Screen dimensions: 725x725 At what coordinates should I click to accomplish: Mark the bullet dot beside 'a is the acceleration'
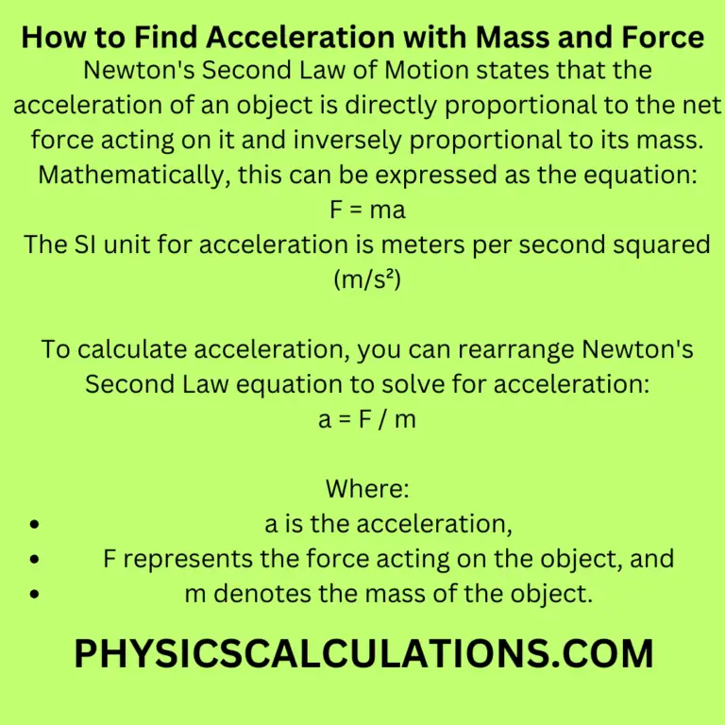click(36, 523)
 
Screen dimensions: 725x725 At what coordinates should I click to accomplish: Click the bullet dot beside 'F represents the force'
click(36, 558)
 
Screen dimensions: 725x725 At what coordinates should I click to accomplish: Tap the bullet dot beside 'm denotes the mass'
click(36, 593)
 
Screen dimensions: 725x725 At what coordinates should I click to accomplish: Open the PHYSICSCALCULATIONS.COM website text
click(363, 653)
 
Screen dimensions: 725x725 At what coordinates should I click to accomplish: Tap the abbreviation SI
click(93, 244)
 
